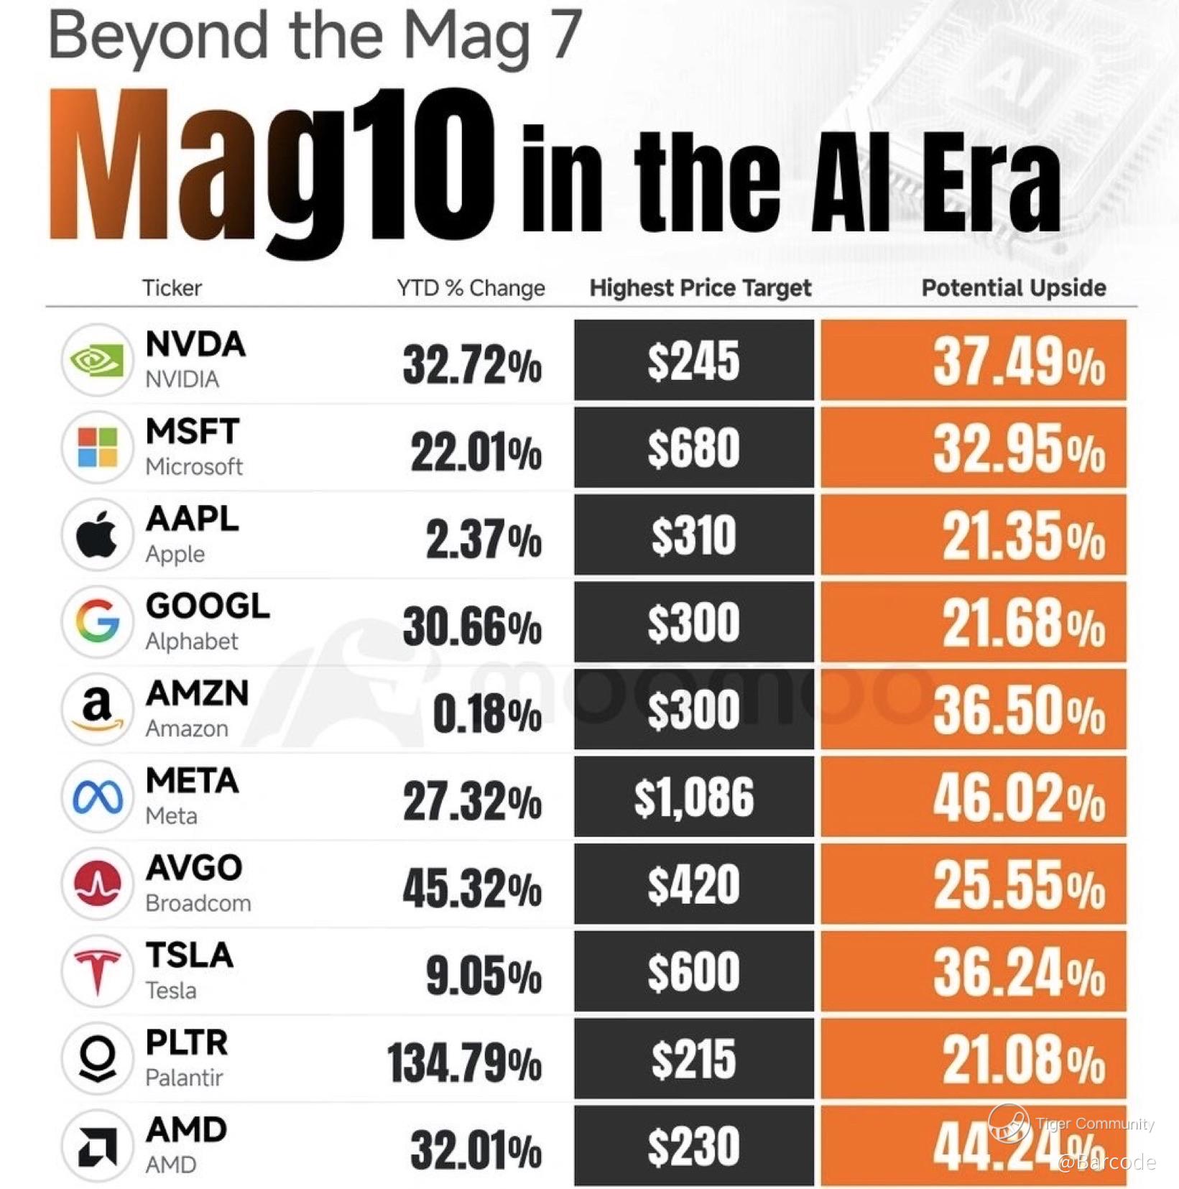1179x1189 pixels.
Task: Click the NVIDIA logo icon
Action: coord(98,360)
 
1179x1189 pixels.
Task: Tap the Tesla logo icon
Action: coord(98,971)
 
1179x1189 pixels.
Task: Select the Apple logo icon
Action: coord(98,535)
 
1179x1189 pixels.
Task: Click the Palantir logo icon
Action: coord(98,1058)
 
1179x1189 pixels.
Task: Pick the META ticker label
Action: coord(192,781)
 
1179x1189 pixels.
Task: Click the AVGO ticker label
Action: coord(194,868)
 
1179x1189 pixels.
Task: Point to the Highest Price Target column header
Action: coord(701,288)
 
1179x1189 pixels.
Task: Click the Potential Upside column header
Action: coord(1014,288)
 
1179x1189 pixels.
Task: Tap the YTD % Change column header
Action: coord(471,288)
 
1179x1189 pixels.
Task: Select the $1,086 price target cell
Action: coord(694,797)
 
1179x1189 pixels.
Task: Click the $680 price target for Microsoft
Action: coord(694,448)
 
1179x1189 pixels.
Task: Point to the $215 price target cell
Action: coord(694,1060)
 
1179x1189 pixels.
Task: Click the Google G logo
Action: coord(98,621)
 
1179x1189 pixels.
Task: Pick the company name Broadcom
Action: coord(198,903)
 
